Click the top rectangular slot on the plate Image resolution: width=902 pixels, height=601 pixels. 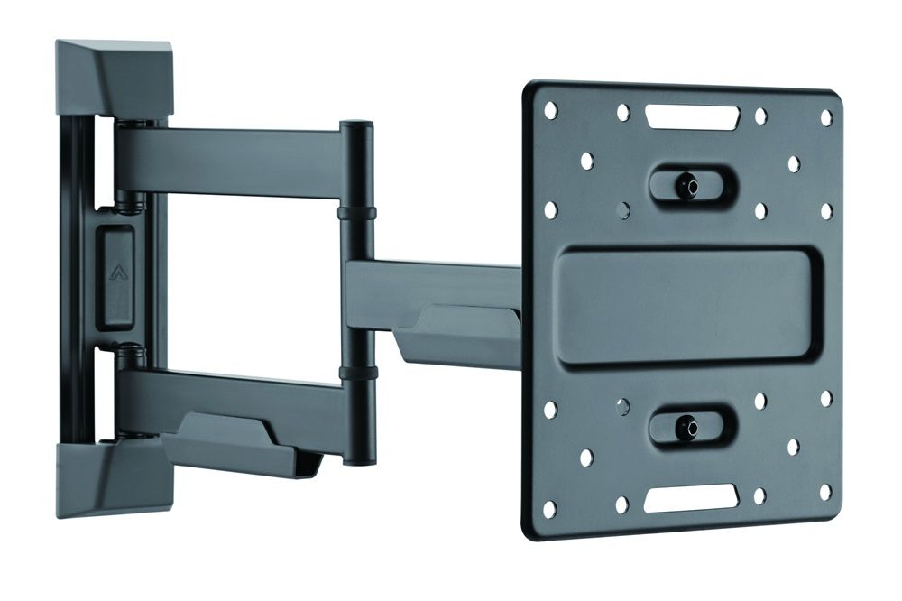click(x=692, y=116)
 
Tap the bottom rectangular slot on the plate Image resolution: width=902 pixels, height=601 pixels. click(x=691, y=495)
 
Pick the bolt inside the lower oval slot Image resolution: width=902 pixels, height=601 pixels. click(x=688, y=424)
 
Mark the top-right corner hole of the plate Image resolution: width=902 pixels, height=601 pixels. click(x=826, y=118)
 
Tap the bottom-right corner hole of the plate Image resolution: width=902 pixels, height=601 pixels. click(x=824, y=492)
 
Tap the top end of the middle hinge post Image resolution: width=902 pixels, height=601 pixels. click(x=356, y=126)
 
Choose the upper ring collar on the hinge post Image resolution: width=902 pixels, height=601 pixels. click(x=357, y=214)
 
